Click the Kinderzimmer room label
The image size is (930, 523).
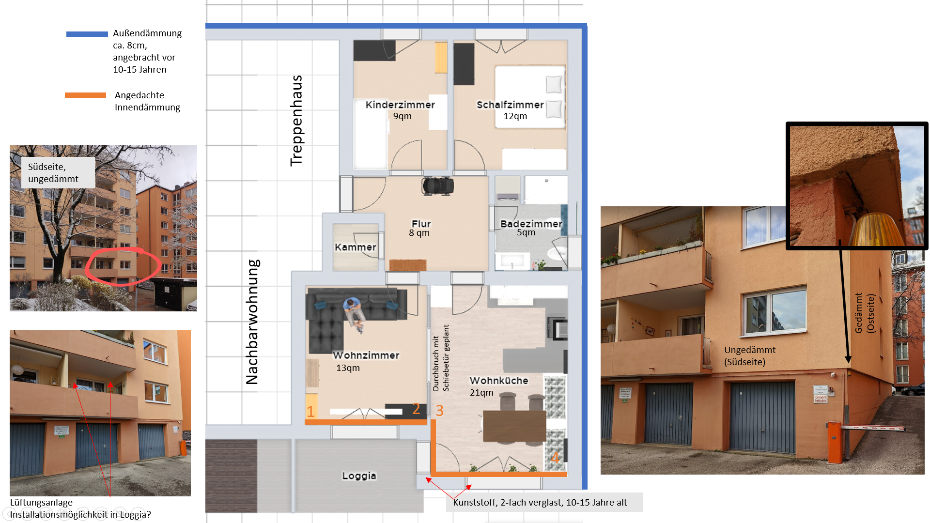pyautogui.click(x=400, y=105)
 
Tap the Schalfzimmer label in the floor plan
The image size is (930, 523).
pyautogui.click(x=510, y=105)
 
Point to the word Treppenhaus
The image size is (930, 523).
pyautogui.click(x=296, y=121)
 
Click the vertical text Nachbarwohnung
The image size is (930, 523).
pyautogui.click(x=252, y=322)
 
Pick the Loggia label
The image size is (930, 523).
pyautogui.click(x=359, y=476)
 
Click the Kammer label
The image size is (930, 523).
pyautogui.click(x=355, y=247)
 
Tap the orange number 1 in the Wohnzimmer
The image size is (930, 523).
pyautogui.click(x=310, y=411)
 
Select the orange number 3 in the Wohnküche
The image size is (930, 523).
pyautogui.click(x=439, y=411)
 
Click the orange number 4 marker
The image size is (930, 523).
pyautogui.click(x=555, y=458)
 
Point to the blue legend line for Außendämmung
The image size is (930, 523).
pyautogui.click(x=87, y=34)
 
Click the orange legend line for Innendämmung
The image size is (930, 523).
pyautogui.click(x=86, y=95)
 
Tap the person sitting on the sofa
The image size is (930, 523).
pyautogui.click(x=355, y=314)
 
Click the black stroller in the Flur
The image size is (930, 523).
pyautogui.click(x=437, y=185)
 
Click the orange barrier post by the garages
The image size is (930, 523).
pyautogui.click(x=834, y=442)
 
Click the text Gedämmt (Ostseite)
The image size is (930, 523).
pyautogui.click(x=865, y=313)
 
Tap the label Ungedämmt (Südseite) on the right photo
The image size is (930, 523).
pyautogui.click(x=749, y=356)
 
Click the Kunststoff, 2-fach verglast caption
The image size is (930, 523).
pyautogui.click(x=540, y=502)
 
